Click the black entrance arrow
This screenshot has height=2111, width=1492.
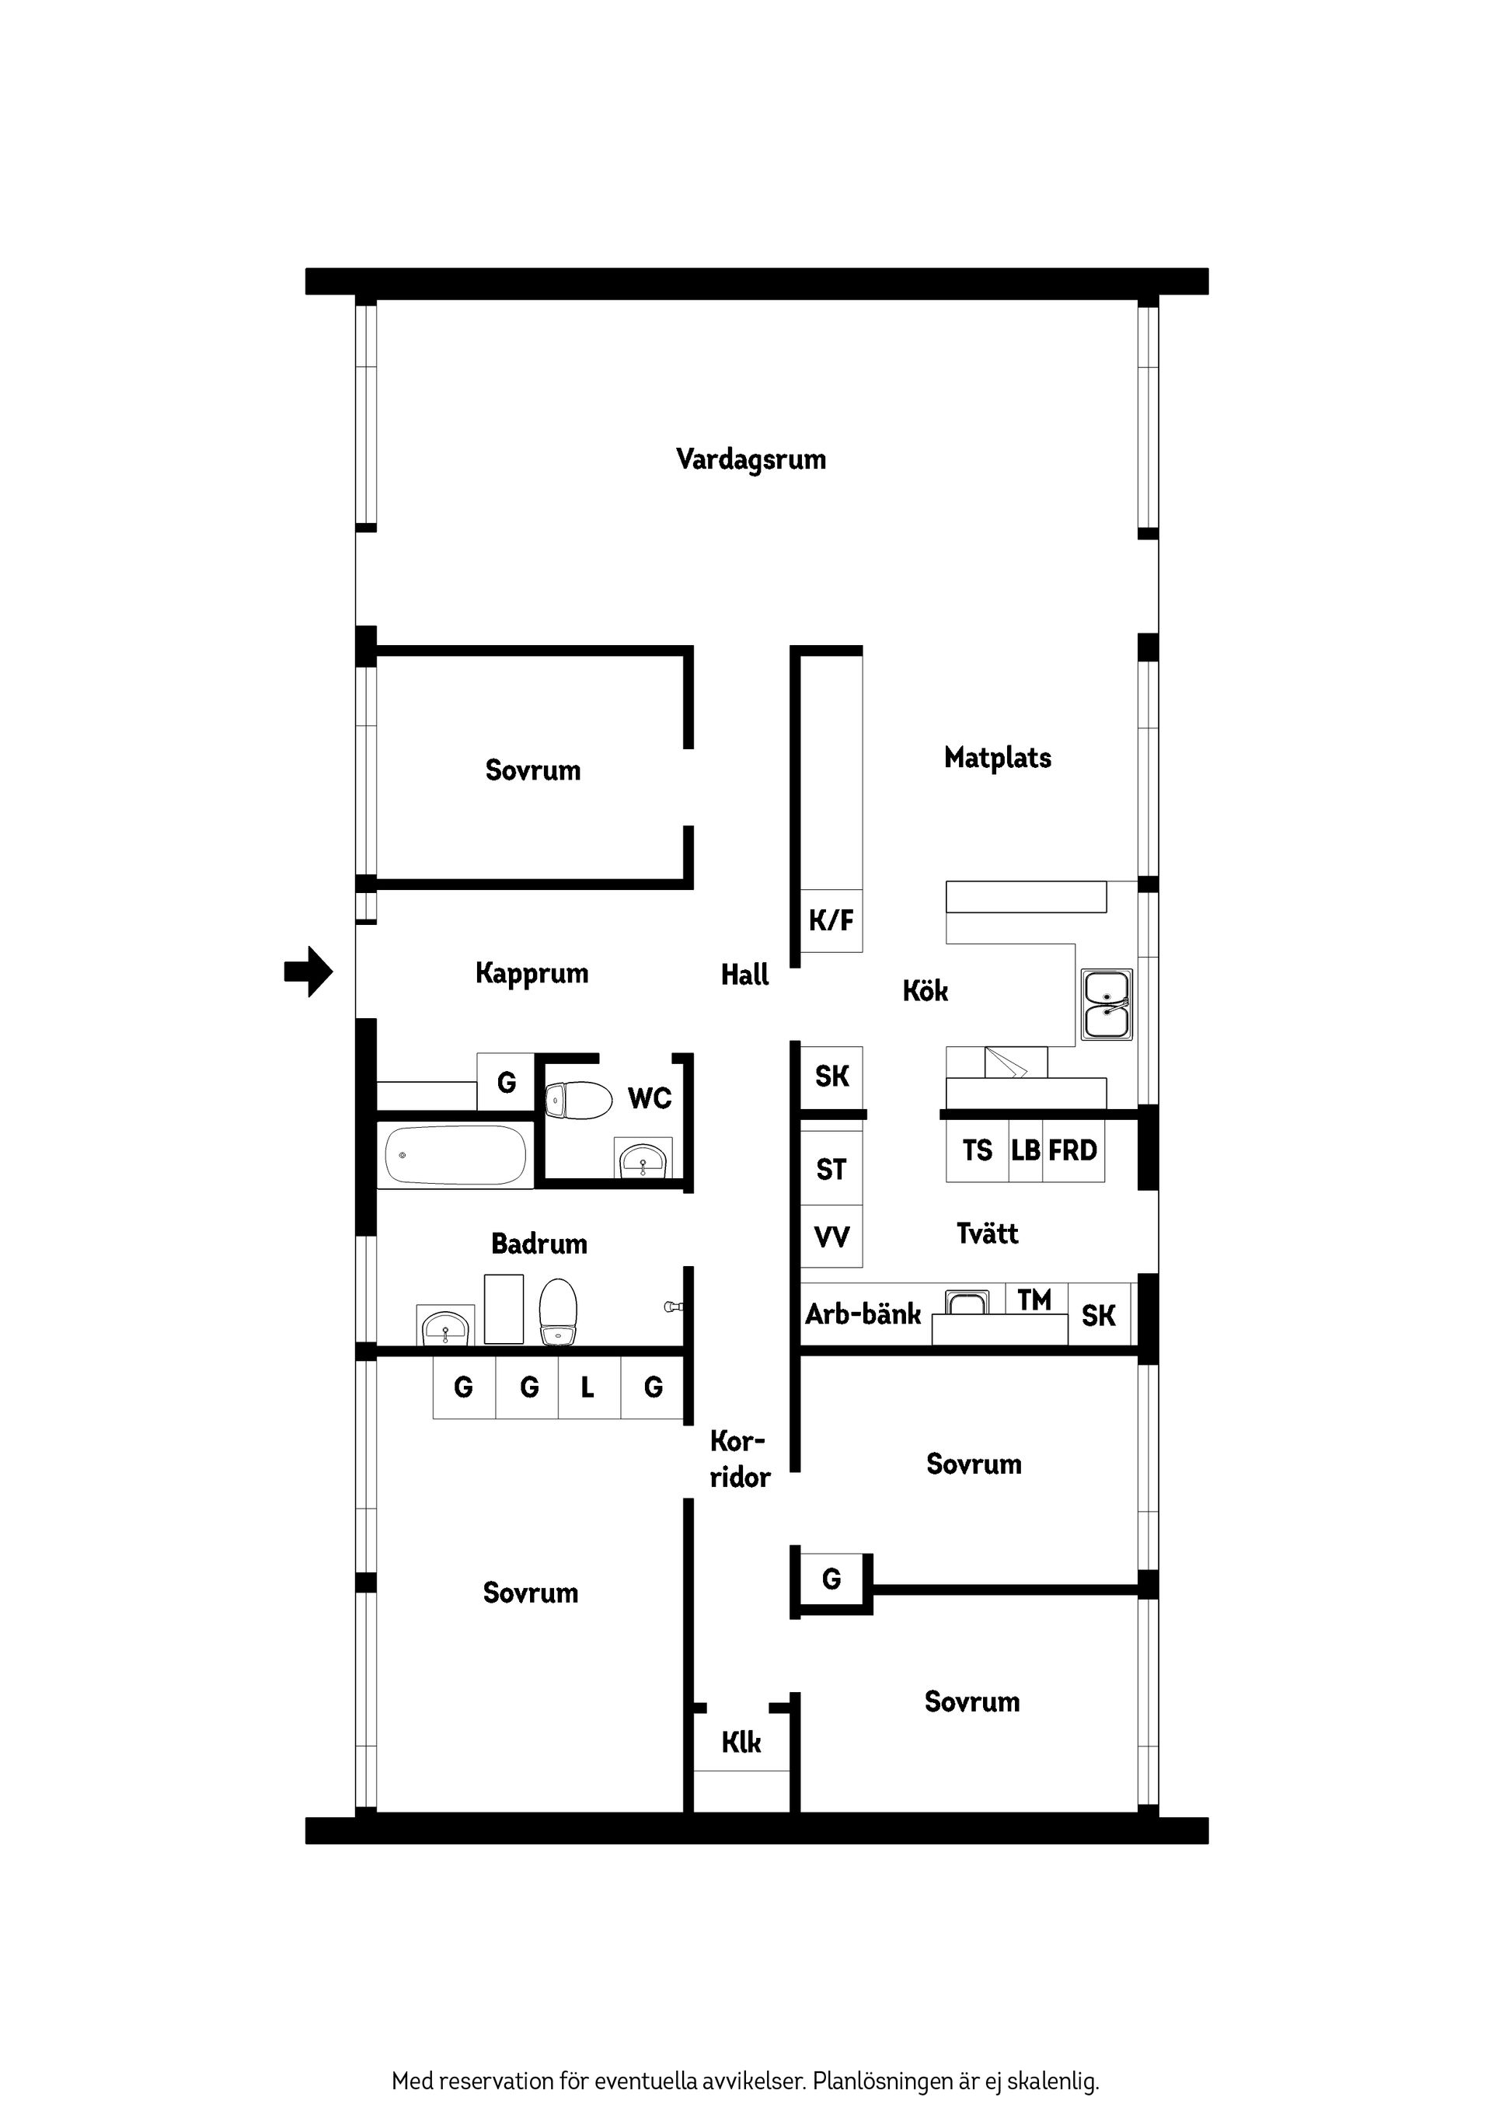point(309,971)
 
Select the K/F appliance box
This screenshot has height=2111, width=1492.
point(831,919)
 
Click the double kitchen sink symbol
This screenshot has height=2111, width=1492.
point(1106,1004)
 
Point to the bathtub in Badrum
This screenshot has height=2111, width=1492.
point(455,1155)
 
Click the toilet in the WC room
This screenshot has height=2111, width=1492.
point(578,1100)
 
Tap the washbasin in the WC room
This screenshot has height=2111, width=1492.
point(643,1160)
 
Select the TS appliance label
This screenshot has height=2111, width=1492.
point(978,1150)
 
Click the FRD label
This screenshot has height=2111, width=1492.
point(1073,1150)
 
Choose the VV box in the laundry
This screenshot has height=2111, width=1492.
point(831,1237)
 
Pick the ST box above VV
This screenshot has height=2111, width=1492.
point(831,1170)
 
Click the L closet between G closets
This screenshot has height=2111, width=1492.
point(588,1387)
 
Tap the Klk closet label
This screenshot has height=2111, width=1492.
point(741,1743)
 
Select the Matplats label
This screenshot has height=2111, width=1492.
point(998,758)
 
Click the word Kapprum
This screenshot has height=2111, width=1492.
point(532,973)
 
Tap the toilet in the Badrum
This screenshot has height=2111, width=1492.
point(557,1312)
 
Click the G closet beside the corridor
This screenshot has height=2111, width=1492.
point(831,1579)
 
